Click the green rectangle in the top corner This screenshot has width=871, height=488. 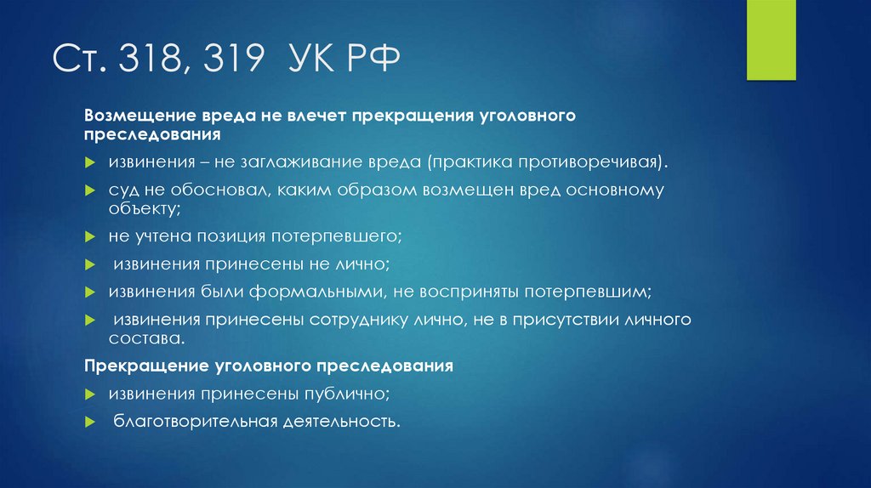(771, 40)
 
